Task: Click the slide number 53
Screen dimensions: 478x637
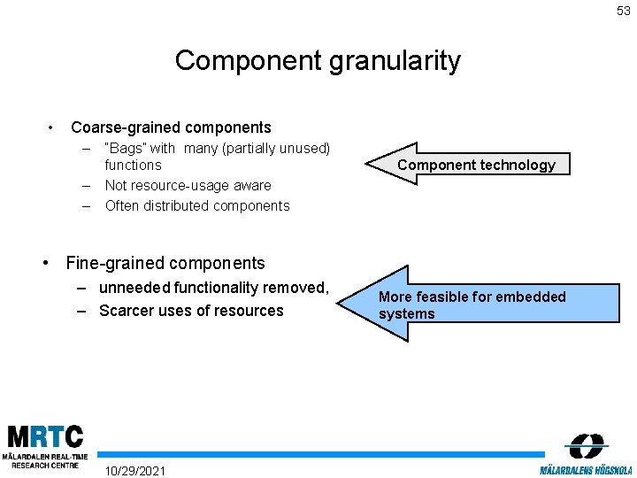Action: click(624, 11)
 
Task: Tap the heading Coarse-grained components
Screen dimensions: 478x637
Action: click(171, 127)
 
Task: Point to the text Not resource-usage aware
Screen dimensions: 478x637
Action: click(188, 185)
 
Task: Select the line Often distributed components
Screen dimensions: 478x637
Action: click(196, 205)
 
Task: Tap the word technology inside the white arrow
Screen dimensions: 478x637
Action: click(514, 165)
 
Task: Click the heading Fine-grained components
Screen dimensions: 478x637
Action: click(165, 263)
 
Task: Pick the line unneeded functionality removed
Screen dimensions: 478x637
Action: click(213, 288)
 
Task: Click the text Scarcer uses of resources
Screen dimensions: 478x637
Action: click(191, 311)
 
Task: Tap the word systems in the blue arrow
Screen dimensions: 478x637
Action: click(407, 314)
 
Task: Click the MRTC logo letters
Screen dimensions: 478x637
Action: click(45, 436)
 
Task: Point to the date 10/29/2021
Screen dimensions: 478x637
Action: click(134, 469)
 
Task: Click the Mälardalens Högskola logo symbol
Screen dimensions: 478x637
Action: click(586, 446)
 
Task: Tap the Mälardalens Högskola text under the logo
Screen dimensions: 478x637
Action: click(586, 469)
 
